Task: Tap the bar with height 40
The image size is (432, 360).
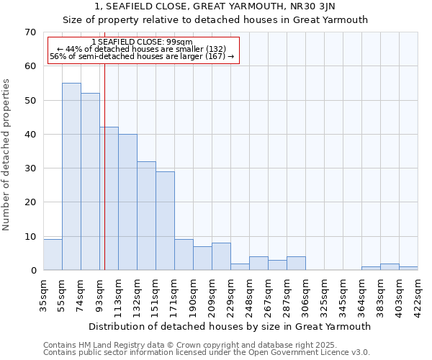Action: pos(127,202)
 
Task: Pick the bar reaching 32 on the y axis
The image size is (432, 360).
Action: pos(146,215)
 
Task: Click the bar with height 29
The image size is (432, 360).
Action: pos(165,220)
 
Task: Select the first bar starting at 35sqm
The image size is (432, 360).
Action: pos(53,255)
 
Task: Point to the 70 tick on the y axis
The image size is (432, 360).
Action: pos(30,32)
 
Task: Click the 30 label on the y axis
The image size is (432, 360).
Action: pos(30,168)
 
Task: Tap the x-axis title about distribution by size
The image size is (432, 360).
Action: pos(230,326)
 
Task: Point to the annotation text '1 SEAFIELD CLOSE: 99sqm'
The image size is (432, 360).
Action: pos(142,42)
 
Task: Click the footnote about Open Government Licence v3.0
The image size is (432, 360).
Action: pos(207,352)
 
